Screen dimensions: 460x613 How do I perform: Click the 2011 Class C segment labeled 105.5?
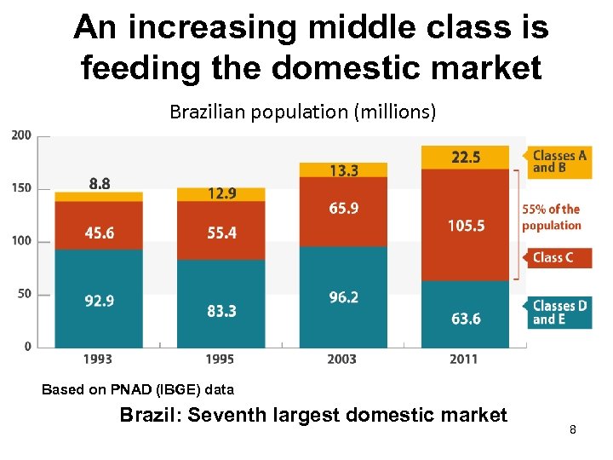pos(465,225)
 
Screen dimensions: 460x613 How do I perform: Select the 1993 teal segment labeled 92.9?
pos(99,300)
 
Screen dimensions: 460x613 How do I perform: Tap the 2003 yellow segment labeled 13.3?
pos(343,170)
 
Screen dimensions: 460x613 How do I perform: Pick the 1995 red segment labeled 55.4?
pos(221,233)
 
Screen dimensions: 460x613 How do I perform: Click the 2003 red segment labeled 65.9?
pos(343,209)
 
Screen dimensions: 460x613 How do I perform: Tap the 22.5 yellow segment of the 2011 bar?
pos(465,157)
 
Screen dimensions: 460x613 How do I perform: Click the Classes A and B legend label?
pos(559,161)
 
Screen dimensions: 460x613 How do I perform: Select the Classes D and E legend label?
pos(559,313)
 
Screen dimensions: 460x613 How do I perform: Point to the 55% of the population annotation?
pos(551,217)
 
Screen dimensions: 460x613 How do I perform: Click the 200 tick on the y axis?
pos(22,135)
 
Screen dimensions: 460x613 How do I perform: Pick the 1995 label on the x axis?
pos(221,359)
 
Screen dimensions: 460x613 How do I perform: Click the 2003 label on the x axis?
pos(342,359)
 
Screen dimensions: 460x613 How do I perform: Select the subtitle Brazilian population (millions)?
pos(302,112)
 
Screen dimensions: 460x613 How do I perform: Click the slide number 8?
pos(573,431)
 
